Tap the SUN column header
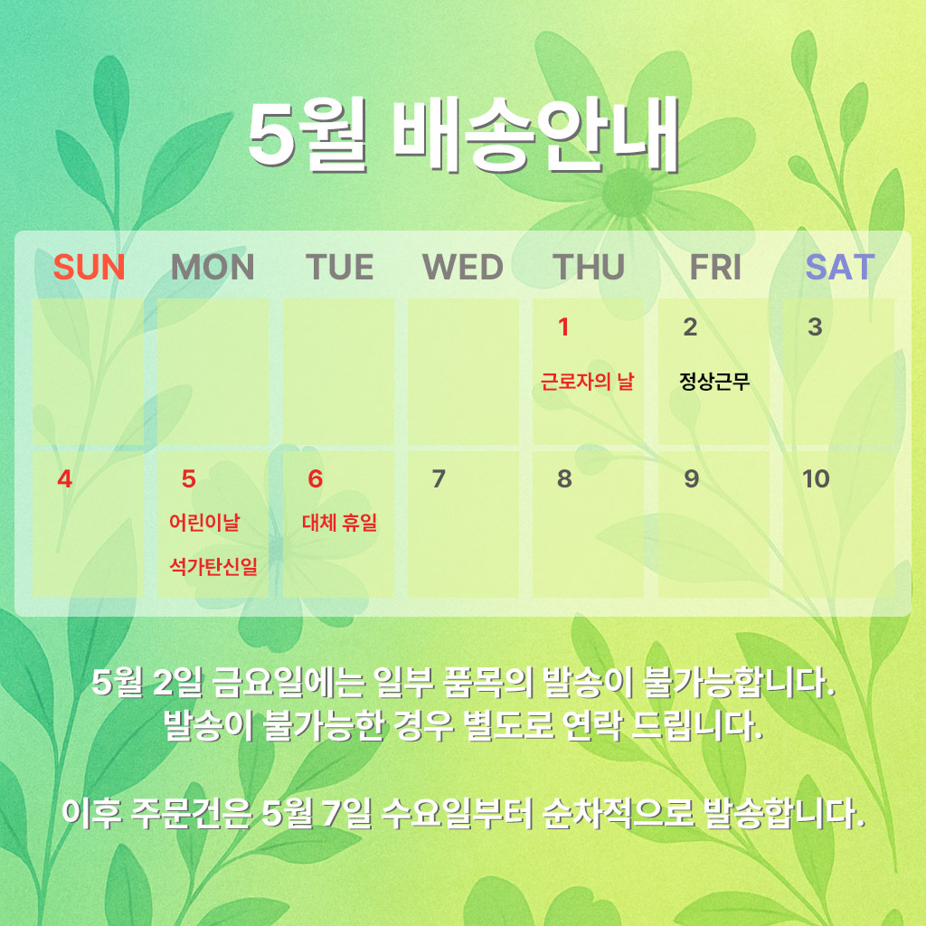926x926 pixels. [90, 267]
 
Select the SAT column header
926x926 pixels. [840, 267]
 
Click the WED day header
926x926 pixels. [463, 267]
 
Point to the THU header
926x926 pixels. [588, 267]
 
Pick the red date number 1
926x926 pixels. [564, 326]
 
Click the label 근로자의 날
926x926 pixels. [587, 381]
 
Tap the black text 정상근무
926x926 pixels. [714, 381]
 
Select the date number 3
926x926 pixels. [815, 326]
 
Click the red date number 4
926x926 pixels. [64, 479]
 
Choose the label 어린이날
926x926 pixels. [204, 522]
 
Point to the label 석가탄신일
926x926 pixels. [213, 566]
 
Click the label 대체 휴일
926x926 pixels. [340, 522]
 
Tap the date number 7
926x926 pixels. [439, 479]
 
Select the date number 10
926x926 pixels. [816, 479]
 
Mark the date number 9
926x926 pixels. [691, 479]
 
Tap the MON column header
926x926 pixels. [213, 267]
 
